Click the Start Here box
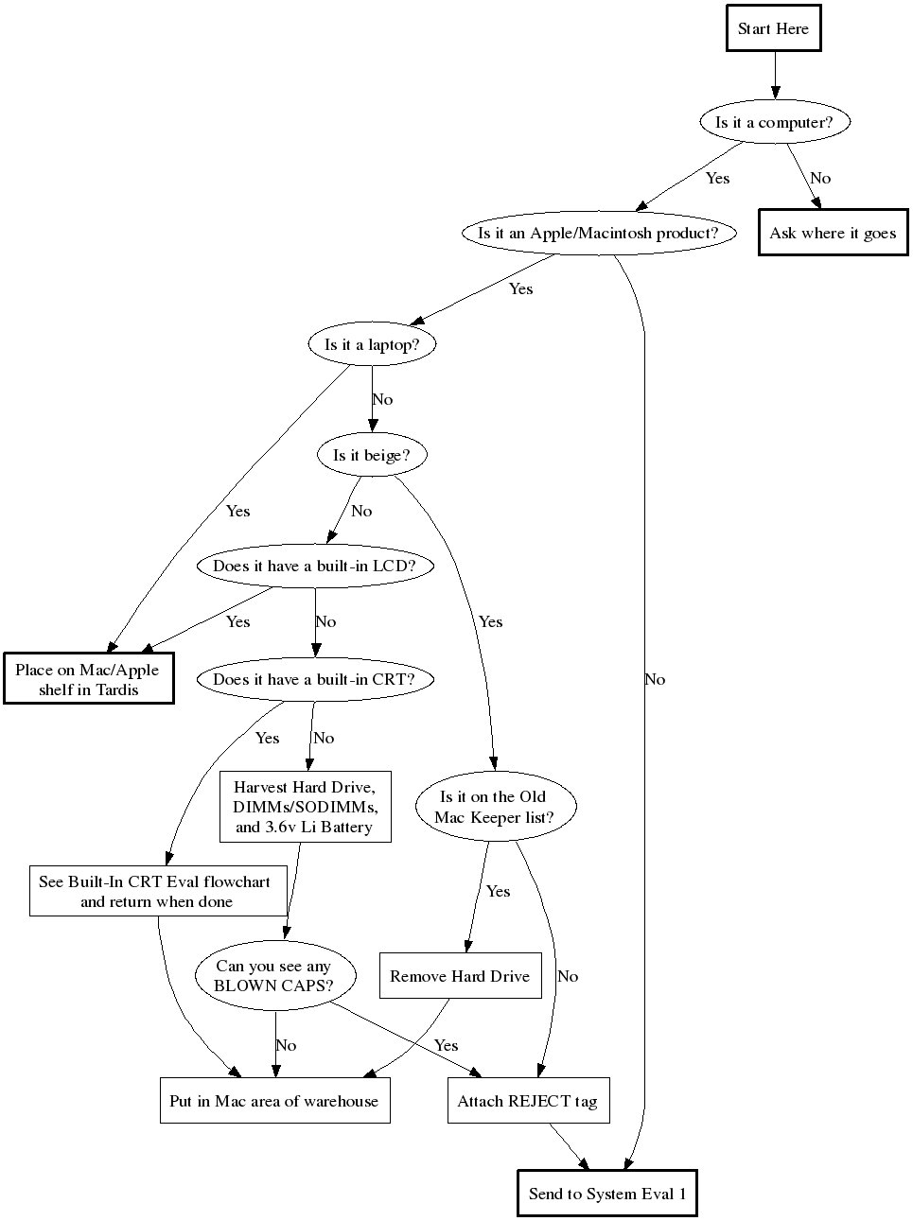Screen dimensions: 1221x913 [773, 28]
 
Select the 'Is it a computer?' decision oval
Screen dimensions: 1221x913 [774, 122]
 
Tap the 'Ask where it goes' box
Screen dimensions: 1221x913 [833, 233]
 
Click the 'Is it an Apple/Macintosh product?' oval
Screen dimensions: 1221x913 [598, 233]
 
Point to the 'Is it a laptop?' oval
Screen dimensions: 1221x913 [372, 344]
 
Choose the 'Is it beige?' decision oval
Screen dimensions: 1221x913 [372, 455]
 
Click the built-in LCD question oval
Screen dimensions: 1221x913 [314, 567]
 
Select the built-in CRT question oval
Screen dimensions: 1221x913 [314, 679]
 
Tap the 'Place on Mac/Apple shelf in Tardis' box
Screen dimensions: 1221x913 [88, 679]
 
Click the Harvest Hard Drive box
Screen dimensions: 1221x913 [305, 807]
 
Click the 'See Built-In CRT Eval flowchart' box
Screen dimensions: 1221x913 [157, 891]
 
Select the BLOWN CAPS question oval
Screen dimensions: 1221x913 [274, 975]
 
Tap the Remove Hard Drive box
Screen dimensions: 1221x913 [460, 976]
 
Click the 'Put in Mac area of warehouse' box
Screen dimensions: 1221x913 [274, 1101]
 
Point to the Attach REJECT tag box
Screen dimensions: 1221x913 [527, 1101]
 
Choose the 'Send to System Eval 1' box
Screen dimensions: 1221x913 [606, 1194]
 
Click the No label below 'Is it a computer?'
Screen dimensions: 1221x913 [820, 178]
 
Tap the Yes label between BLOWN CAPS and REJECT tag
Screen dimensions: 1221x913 [446, 1045]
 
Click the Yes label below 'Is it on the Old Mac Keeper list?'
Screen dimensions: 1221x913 [498, 891]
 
